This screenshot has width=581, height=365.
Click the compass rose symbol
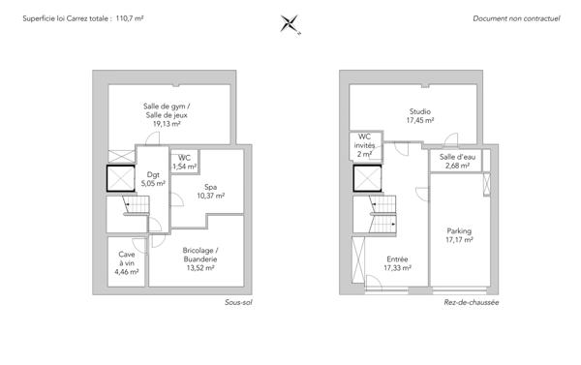point(290,24)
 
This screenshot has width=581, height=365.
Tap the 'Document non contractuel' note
point(516,18)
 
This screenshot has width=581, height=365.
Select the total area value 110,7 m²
point(130,18)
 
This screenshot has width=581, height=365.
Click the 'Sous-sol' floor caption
point(238,302)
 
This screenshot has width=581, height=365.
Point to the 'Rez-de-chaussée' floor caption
point(472,302)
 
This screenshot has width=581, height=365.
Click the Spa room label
point(210,187)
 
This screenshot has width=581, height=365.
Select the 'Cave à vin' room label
point(127,259)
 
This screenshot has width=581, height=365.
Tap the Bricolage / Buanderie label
point(200,255)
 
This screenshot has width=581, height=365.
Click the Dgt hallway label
point(153,174)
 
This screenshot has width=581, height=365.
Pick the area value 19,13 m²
point(167,124)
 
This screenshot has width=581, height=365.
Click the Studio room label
point(420,111)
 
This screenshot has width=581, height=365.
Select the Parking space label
point(459,230)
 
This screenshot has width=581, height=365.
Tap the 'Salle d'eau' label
point(457,157)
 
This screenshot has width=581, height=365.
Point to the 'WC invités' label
point(364,141)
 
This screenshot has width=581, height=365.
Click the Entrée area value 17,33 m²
point(397,267)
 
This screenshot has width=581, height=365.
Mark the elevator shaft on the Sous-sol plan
point(121,178)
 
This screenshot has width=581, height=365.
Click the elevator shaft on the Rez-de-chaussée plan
point(367,178)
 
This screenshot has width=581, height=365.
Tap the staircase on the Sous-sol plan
point(137,205)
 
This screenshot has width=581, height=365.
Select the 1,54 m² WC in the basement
point(185,162)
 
